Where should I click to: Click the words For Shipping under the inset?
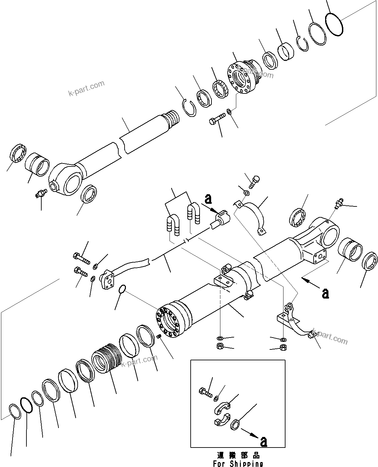pos(238,463)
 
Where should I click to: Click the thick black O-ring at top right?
pos(334,24)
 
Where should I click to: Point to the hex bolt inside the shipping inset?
pos(205,392)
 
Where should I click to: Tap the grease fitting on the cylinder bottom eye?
pos(339,202)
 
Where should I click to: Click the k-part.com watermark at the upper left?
pos(86,88)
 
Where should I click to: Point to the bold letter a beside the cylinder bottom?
pos(325,293)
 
